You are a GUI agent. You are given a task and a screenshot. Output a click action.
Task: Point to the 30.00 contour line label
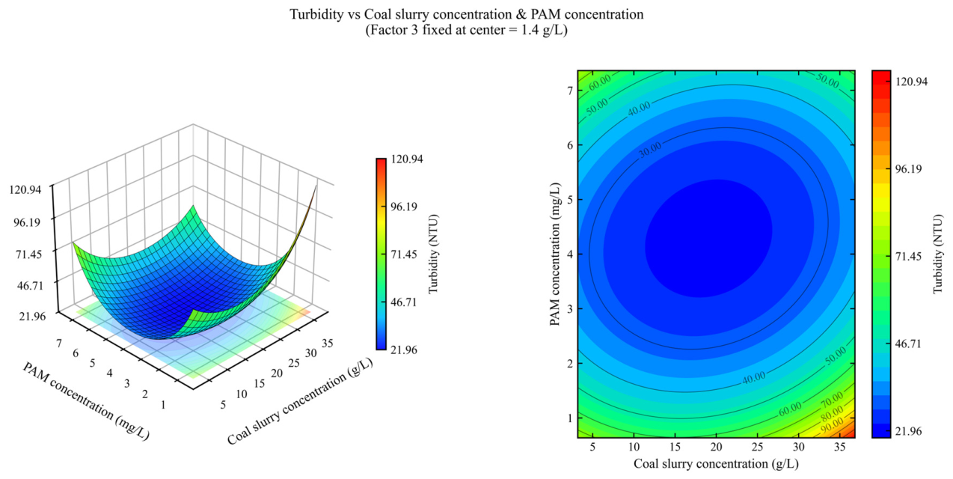tap(651, 150)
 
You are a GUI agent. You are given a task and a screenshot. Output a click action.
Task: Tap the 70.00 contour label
tap(832, 399)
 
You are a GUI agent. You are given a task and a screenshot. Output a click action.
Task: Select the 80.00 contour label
tap(832, 412)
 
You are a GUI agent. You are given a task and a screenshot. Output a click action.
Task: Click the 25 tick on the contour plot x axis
tap(758, 447)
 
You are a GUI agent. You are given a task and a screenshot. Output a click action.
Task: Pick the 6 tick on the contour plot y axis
tap(569, 145)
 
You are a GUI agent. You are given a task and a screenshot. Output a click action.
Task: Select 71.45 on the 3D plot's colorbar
tap(404, 254)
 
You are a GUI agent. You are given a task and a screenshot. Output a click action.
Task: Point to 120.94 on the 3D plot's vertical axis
tap(25, 189)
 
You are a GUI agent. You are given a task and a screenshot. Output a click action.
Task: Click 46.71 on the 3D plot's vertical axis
tap(30, 285)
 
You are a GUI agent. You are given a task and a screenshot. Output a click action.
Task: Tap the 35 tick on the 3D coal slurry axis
tap(328, 343)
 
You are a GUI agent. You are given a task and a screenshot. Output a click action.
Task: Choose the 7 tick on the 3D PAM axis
tap(58, 343)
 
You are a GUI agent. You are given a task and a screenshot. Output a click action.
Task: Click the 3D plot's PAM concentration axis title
tap(85, 400)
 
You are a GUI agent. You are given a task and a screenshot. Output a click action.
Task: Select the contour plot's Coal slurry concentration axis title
tap(716, 464)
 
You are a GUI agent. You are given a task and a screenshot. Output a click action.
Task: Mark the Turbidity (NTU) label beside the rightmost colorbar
tap(939, 254)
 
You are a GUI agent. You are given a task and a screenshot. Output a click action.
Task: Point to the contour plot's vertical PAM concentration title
tap(555, 254)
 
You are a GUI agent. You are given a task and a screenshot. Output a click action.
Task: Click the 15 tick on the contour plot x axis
tap(675, 447)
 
